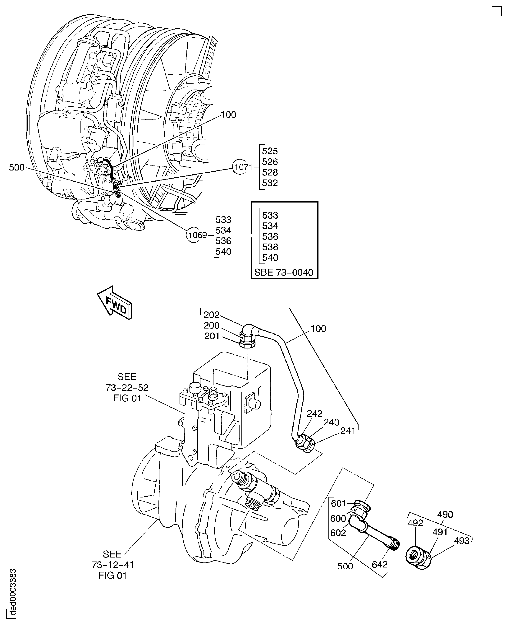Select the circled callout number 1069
point(197,235)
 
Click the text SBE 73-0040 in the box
point(284,272)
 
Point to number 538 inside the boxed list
point(270,247)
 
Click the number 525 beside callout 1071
point(269,151)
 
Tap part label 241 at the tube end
point(348,431)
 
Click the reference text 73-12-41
point(113,565)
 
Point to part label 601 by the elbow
point(339,503)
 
